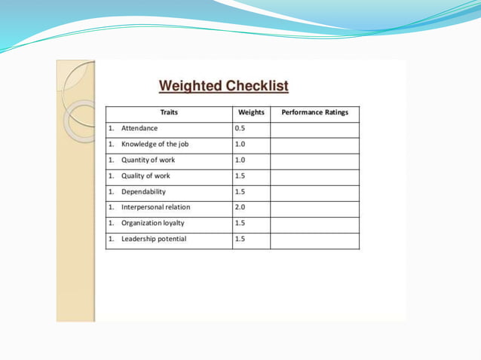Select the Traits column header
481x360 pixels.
click(169, 113)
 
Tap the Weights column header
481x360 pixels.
click(251, 113)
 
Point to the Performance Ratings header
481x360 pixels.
click(314, 113)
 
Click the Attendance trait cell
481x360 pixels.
click(139, 129)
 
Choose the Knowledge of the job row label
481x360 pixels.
click(155, 145)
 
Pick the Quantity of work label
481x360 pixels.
click(148, 160)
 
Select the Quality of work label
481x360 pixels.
click(146, 176)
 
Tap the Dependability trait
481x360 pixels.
click(145, 192)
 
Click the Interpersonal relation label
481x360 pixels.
click(155, 207)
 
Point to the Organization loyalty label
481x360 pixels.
click(152, 223)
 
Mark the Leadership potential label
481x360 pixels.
click(154, 239)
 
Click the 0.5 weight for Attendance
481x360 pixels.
click(240, 129)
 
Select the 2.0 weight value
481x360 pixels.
click(240, 207)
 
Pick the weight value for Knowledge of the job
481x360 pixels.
click(240, 145)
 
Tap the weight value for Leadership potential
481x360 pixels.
click(240, 239)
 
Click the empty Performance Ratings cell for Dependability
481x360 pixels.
click(314, 192)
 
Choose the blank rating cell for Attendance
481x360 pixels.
click(314, 129)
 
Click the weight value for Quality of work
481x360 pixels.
click(240, 176)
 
